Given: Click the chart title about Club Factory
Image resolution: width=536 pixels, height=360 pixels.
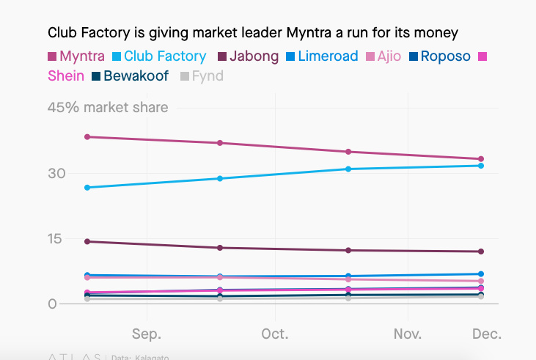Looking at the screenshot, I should (x=253, y=33).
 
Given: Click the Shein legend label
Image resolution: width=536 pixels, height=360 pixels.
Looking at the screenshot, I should (x=66, y=76).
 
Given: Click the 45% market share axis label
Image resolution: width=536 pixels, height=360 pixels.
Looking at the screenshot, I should (x=108, y=108).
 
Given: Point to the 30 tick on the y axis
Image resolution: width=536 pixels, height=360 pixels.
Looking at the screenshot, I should (x=57, y=174).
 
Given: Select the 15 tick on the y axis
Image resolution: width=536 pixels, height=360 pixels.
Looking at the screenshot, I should (x=57, y=239).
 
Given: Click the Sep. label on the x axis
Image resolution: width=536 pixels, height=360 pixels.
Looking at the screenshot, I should (x=147, y=334).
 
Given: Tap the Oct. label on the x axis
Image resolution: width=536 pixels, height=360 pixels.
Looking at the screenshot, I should (x=275, y=334).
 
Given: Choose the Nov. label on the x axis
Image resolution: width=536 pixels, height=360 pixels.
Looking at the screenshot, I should (x=408, y=334).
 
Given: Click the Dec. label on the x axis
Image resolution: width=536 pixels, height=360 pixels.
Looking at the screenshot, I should (x=486, y=334).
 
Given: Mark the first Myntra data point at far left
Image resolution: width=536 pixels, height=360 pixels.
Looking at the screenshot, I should (x=87, y=137).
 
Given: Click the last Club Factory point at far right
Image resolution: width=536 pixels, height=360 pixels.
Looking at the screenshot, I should (x=481, y=166).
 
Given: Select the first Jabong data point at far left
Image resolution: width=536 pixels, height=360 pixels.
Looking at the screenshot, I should (x=87, y=241).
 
